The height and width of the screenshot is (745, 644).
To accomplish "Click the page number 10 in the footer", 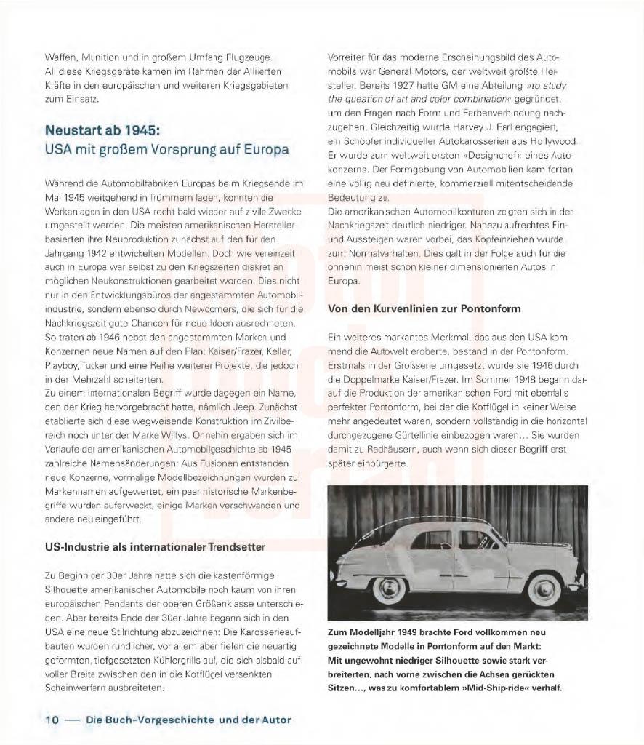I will [x=52, y=720].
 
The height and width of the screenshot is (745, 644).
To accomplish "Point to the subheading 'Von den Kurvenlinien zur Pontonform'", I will [x=424, y=308].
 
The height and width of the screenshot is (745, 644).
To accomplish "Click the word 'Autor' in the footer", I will [x=275, y=720].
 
